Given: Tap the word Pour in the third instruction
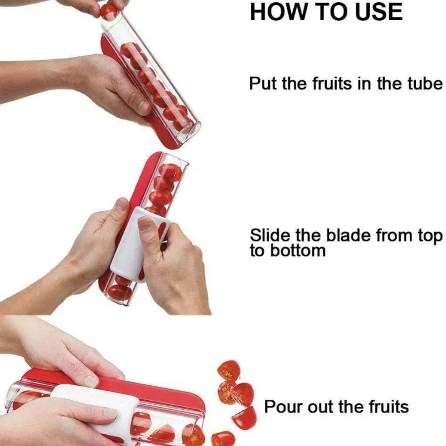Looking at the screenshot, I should [x=281, y=406].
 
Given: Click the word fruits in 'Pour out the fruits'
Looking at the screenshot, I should [x=385, y=406].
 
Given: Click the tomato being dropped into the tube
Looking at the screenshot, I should [x=109, y=9].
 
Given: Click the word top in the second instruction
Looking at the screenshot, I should [x=430, y=235].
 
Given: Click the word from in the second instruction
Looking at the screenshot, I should [x=394, y=235].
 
